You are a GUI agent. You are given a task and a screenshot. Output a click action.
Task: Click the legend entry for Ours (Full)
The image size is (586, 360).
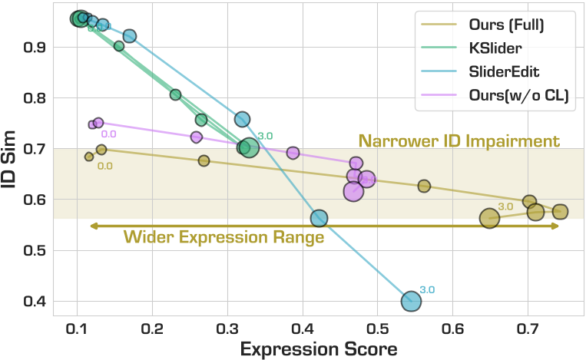[x=506, y=25]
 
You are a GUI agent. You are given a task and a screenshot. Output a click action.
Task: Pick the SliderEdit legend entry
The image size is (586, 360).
[x=504, y=72]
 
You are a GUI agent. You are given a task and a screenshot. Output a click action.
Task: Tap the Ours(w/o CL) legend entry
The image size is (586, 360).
[x=517, y=96]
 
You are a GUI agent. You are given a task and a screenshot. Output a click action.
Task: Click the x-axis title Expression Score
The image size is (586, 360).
[x=318, y=348]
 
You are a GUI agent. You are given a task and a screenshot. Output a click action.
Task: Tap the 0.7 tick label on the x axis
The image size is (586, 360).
[x=528, y=328]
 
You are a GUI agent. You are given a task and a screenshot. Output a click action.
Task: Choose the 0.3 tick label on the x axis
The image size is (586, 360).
[x=227, y=328]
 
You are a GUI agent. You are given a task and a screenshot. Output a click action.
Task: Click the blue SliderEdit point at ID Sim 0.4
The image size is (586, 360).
[x=411, y=302]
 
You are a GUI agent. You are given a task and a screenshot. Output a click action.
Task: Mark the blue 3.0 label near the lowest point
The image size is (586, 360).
[x=428, y=290]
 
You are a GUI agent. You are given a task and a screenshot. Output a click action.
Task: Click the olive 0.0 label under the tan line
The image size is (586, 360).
[x=105, y=165]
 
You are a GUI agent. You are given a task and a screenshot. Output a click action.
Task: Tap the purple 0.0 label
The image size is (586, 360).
[x=108, y=134]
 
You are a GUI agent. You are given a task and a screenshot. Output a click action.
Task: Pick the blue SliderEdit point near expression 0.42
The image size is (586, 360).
[x=319, y=219]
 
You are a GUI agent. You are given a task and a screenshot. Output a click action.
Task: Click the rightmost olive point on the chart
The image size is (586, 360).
[x=560, y=212]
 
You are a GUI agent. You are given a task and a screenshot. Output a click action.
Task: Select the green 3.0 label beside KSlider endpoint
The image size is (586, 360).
[x=265, y=136]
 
